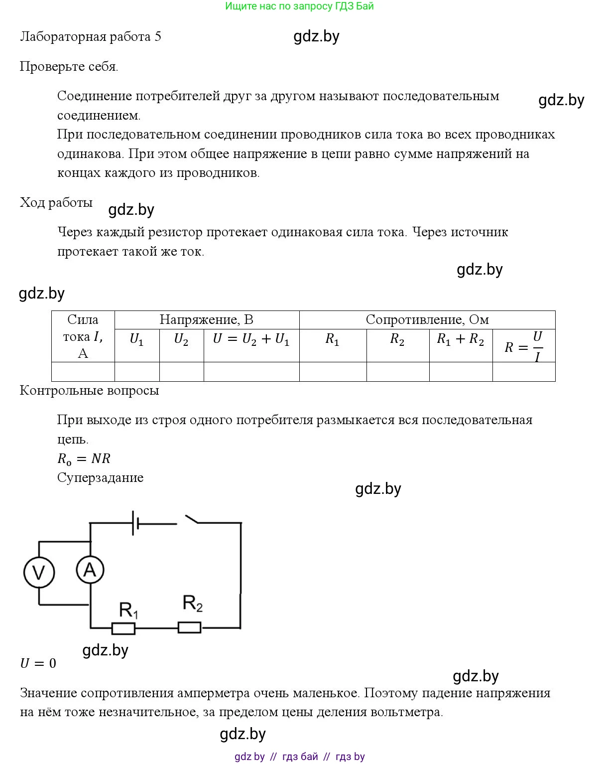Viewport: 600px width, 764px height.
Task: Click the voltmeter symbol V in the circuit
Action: click(x=39, y=572)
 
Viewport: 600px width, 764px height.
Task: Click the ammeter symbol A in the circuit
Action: click(x=90, y=570)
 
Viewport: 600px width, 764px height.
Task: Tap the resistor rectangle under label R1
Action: click(x=123, y=628)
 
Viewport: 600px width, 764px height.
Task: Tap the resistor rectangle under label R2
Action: click(x=190, y=627)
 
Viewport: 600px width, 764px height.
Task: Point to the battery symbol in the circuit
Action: click(x=135, y=523)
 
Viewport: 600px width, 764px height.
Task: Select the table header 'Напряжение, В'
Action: click(x=206, y=320)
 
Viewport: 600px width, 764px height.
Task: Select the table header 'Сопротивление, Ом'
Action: click(x=427, y=320)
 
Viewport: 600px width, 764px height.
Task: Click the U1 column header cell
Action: click(x=136, y=340)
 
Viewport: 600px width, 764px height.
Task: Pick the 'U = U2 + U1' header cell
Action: click(x=251, y=340)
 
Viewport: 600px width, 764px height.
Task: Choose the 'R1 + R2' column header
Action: click(x=460, y=340)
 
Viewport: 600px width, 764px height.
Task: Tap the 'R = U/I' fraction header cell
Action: click(x=523, y=346)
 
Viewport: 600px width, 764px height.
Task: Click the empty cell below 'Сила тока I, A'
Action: click(x=83, y=372)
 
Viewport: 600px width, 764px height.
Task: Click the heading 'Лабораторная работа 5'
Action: click(x=91, y=37)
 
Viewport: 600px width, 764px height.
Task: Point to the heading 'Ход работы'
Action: click(x=56, y=203)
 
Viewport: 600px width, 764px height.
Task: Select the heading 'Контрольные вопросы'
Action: click(x=89, y=391)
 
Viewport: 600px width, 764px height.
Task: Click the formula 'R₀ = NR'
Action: click(x=84, y=459)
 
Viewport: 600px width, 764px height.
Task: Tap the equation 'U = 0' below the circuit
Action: click(x=38, y=663)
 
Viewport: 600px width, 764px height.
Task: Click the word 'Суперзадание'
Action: click(x=100, y=478)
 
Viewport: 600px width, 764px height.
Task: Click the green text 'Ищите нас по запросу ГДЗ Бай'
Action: click(x=299, y=6)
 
